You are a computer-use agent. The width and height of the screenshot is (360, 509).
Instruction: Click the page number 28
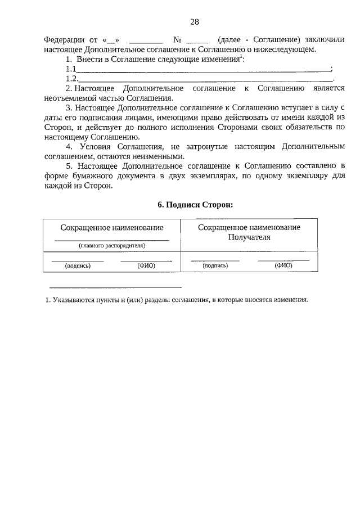[x=195, y=22]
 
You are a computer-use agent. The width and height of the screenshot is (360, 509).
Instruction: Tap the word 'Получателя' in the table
[x=249, y=237]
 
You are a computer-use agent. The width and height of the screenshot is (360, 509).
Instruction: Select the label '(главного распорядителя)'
[x=112, y=246]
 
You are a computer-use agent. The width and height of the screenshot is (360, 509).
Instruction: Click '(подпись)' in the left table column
[x=78, y=265]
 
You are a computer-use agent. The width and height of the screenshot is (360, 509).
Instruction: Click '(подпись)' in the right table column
[x=215, y=265]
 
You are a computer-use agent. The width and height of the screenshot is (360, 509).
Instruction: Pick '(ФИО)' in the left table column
[x=146, y=265]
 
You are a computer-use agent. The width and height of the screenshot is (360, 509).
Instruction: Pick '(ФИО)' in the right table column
[x=283, y=265]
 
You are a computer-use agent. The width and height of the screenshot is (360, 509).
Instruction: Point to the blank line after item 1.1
[x=202, y=70]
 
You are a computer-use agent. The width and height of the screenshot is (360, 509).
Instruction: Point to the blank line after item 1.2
[x=202, y=79]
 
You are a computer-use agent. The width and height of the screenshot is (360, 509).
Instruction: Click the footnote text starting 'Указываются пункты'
[x=180, y=300]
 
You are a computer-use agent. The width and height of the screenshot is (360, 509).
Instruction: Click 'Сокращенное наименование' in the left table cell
[x=112, y=228]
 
